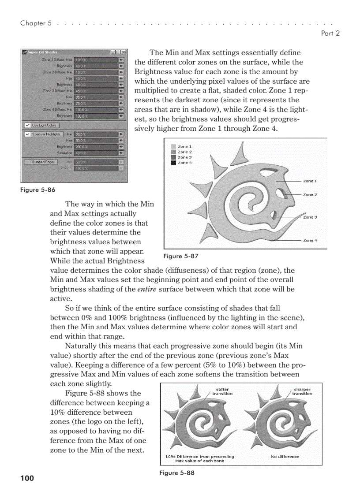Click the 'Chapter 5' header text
33,23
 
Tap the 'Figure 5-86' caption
38,190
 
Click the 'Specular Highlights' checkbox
27,134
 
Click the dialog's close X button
124,52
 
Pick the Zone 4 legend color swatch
173,163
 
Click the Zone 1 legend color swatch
173,146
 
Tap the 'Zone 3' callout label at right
310,217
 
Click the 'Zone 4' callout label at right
310,240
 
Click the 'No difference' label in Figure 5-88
285,457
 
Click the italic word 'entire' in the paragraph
146,290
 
